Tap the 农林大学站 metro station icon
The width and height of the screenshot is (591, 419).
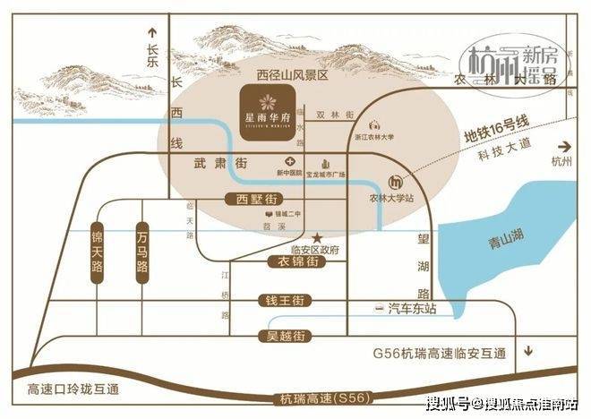coord(395,181)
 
